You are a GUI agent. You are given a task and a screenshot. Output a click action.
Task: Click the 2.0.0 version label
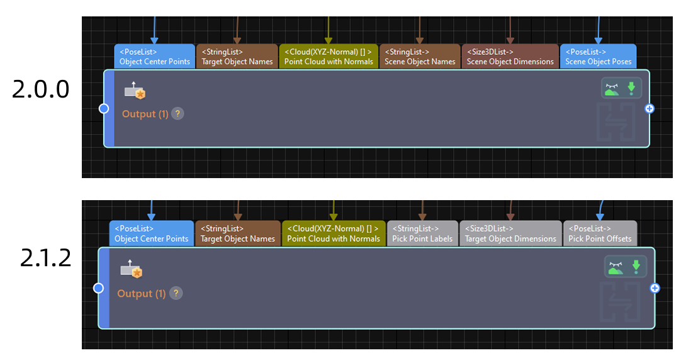click(x=40, y=89)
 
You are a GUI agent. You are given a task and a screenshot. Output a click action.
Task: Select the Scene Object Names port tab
click(x=420, y=57)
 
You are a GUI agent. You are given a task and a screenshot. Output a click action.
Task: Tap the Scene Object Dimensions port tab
click(x=510, y=57)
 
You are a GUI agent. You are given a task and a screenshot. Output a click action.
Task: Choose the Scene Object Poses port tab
click(x=598, y=57)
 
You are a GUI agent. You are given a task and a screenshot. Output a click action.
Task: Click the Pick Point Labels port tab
click(x=422, y=233)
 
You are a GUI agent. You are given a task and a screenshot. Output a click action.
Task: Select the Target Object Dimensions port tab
click(x=510, y=233)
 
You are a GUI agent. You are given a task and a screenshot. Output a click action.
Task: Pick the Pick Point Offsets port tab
click(x=600, y=233)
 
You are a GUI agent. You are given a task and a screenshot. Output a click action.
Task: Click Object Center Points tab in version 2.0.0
click(x=155, y=57)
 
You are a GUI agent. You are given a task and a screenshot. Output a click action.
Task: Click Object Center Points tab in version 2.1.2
click(x=152, y=233)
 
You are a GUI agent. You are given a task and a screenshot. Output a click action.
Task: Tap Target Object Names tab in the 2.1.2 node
click(x=238, y=233)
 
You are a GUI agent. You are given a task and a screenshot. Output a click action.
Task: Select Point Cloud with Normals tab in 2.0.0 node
click(x=329, y=57)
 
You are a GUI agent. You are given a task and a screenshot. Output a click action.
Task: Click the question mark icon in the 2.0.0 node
click(x=178, y=114)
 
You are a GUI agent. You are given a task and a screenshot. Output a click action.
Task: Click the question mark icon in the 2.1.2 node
click(x=176, y=293)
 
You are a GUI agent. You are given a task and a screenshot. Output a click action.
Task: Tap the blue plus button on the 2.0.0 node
click(x=650, y=109)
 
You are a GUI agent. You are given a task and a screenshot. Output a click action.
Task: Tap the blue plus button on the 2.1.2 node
click(x=655, y=288)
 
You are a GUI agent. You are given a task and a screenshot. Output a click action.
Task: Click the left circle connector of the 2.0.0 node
click(x=104, y=109)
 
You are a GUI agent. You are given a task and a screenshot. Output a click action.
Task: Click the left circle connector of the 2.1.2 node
click(x=98, y=288)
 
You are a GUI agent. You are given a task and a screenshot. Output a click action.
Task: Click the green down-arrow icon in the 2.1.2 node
click(x=636, y=267)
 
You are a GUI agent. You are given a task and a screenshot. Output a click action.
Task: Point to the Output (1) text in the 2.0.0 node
click(x=145, y=114)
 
